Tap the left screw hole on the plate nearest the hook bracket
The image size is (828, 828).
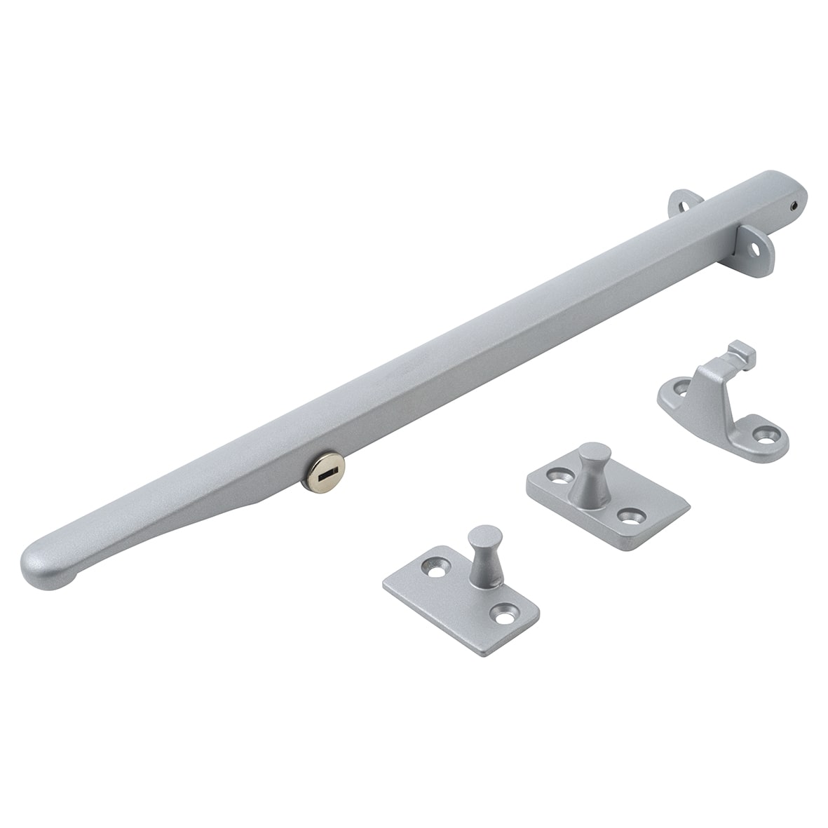tap(557, 475)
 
